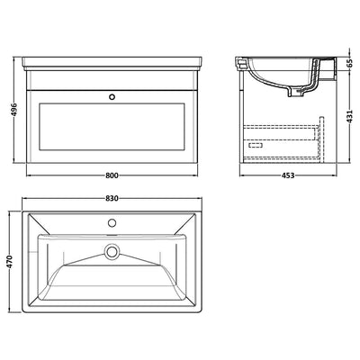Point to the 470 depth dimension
[11, 262]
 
